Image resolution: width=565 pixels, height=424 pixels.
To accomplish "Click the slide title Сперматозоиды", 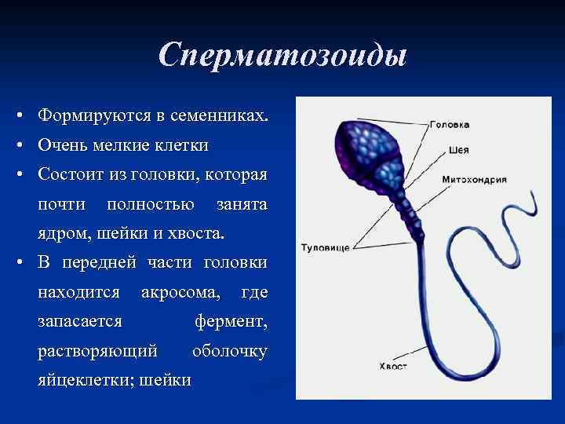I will pos(282,56).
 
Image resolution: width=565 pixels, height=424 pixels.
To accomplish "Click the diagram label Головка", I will pos(450,124).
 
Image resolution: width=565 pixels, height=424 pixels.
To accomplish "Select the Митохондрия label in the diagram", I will pos(474,179).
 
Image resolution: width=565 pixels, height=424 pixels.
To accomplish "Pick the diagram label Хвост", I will pos(392,365).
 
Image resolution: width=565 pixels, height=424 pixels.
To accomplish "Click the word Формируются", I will pos(91,116).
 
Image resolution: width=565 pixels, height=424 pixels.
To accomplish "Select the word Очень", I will pos(60,145).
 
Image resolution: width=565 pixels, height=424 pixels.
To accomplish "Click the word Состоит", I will pos(70,174).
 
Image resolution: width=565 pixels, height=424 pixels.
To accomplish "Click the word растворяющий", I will pos(97,351).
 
